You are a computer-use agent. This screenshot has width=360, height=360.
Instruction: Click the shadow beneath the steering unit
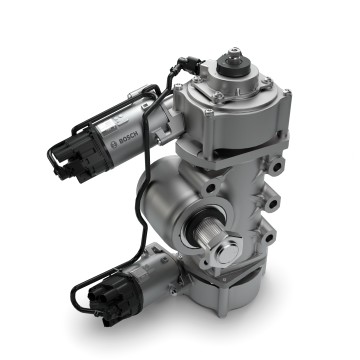point(250,335)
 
